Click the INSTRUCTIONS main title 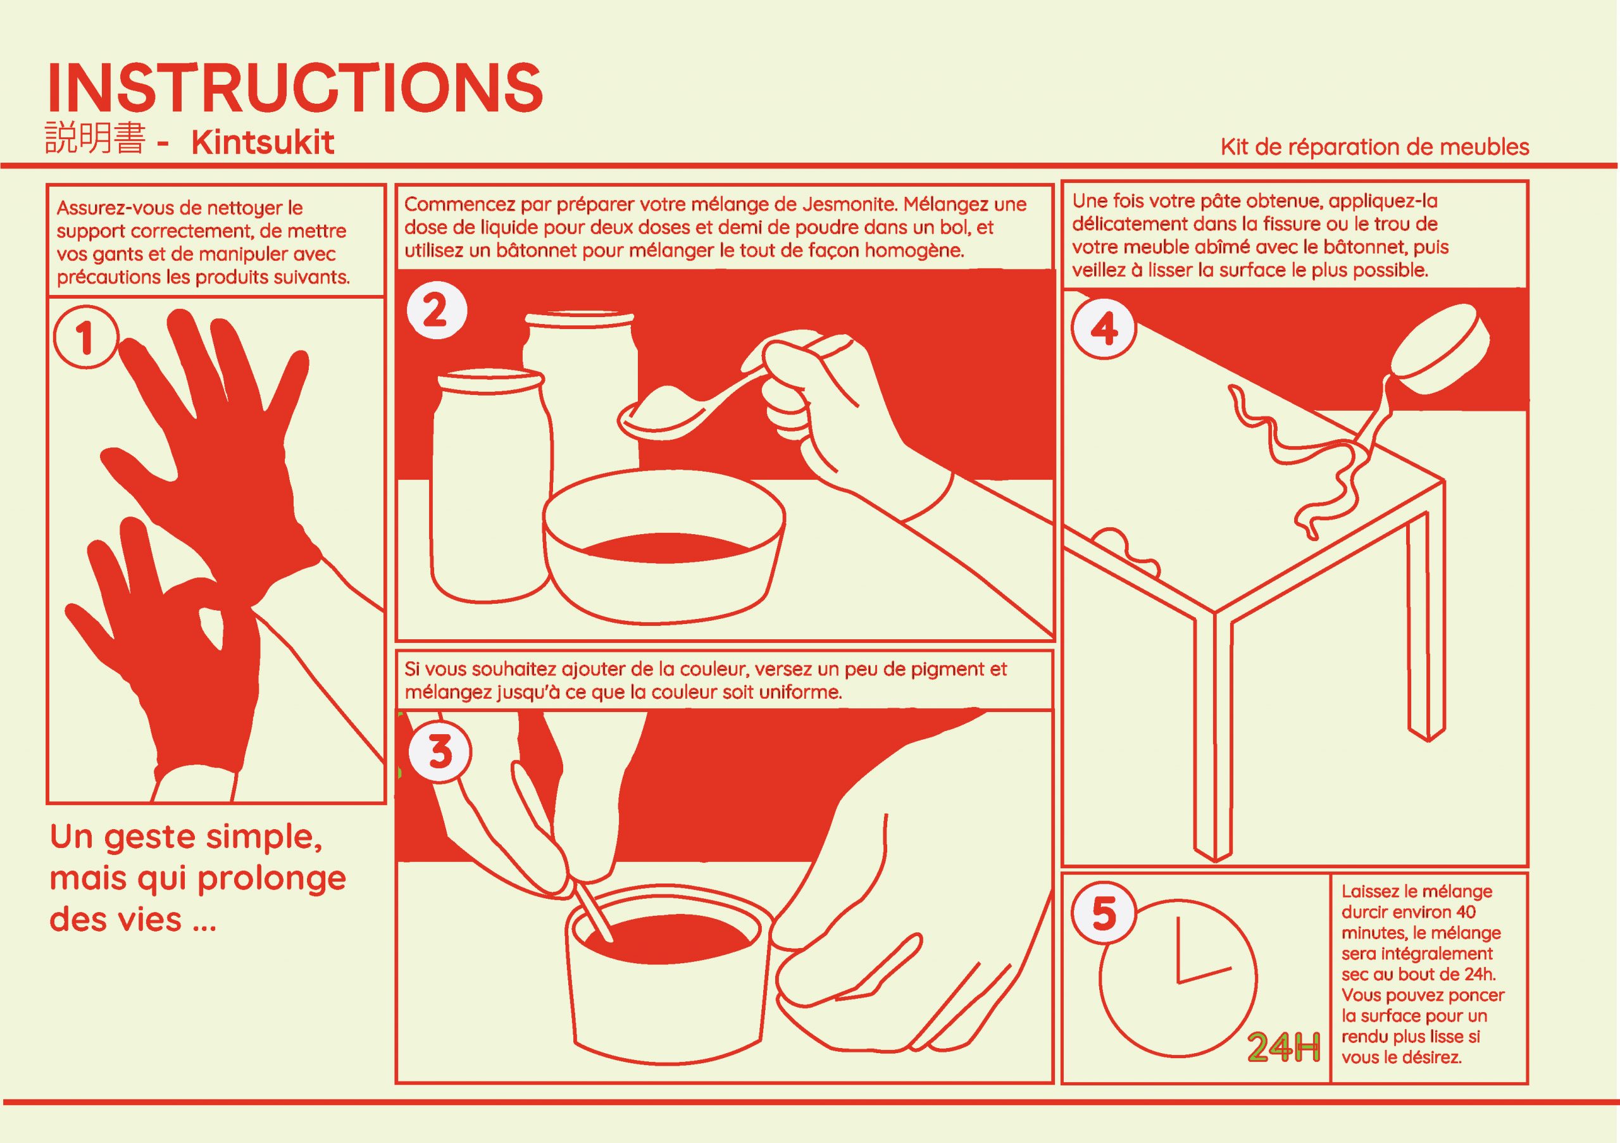[295, 87]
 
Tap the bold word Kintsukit [263, 142]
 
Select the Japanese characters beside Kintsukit [96, 139]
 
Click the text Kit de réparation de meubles [1374, 147]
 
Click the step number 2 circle [435, 311]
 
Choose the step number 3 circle [440, 751]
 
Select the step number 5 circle [1104, 915]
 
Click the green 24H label [1284, 1049]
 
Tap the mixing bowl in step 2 [664, 547]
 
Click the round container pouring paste [1443, 349]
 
